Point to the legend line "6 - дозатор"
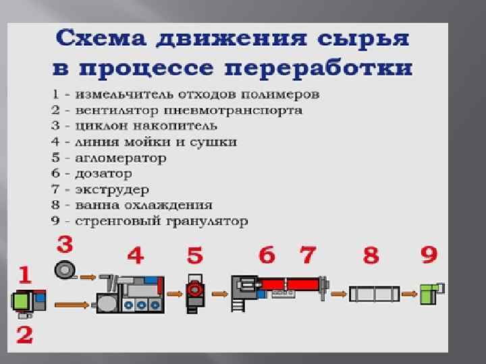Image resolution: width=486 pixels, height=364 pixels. click(x=99, y=173)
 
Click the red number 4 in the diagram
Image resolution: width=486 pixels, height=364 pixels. click(x=136, y=256)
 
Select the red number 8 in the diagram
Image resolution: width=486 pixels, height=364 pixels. click(x=371, y=256)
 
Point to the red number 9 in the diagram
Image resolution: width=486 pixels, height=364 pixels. click(x=429, y=255)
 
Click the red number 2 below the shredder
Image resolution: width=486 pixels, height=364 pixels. click(x=24, y=335)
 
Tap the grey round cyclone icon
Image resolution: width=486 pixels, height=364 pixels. click(x=65, y=269)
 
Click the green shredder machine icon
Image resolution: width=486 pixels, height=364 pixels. click(x=28, y=302)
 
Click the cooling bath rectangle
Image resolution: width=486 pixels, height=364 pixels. click(x=374, y=294)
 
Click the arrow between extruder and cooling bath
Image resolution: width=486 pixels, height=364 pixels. click(x=339, y=294)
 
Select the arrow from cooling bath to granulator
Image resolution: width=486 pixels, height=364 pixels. click(x=409, y=294)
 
